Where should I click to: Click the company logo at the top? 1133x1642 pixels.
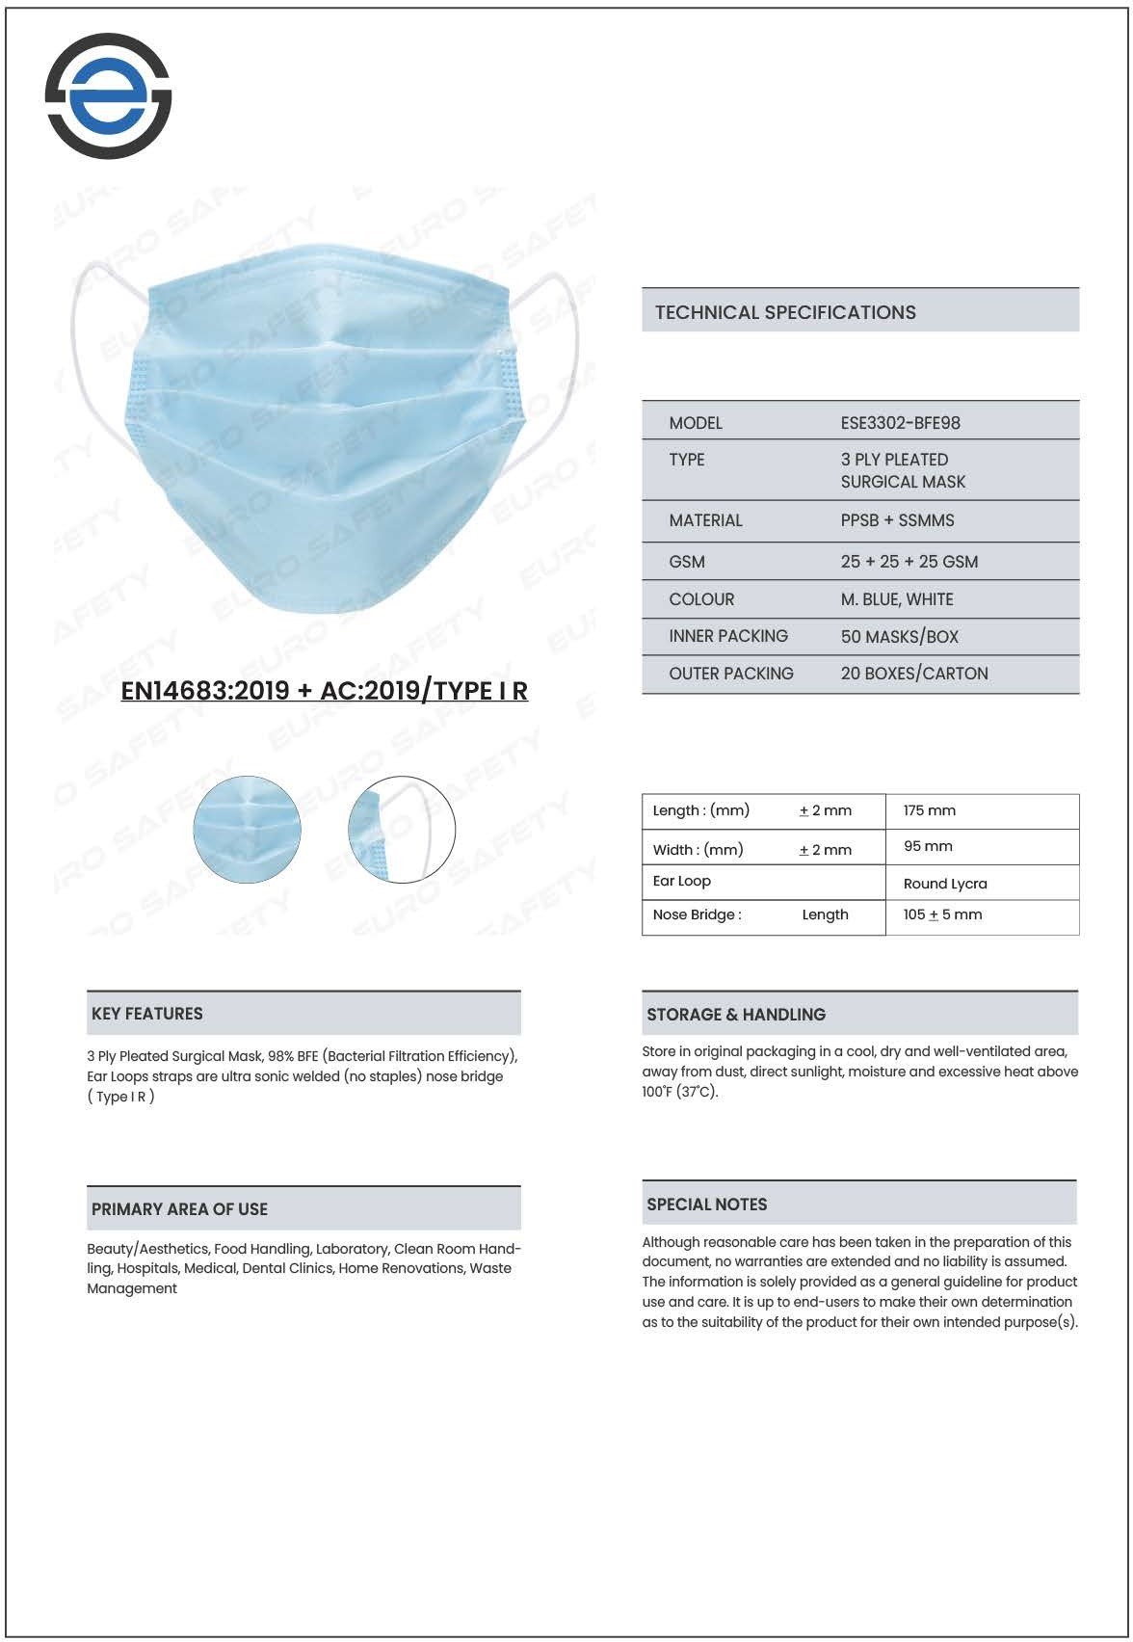tap(108, 95)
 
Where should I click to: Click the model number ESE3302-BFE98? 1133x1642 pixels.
tap(900, 423)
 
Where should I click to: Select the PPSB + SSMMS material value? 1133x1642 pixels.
tap(897, 520)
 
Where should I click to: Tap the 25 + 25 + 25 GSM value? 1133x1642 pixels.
tap(909, 562)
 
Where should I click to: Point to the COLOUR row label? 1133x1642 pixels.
tap(701, 599)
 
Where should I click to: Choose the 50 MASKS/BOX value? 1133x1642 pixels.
tap(899, 637)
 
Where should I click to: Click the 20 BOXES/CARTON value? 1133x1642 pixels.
tap(913, 674)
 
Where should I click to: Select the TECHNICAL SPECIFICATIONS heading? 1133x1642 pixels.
tap(785, 312)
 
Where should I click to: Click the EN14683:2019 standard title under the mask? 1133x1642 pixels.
tap(324, 690)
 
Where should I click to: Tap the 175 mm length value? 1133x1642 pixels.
tap(929, 810)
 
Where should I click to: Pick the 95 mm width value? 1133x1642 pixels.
tap(927, 846)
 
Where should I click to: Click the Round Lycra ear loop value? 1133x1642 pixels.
tap(944, 884)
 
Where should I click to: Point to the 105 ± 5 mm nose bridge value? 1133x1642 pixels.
tap(942, 914)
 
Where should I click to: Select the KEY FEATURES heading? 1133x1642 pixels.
tap(147, 1014)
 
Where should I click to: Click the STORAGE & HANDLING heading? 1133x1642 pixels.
tap(736, 1015)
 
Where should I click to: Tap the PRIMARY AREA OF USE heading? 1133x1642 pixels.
tap(179, 1209)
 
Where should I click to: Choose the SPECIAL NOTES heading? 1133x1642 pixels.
tap(707, 1205)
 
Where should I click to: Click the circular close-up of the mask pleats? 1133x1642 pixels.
tap(248, 830)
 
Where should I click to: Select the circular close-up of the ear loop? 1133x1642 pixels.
tap(401, 830)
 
